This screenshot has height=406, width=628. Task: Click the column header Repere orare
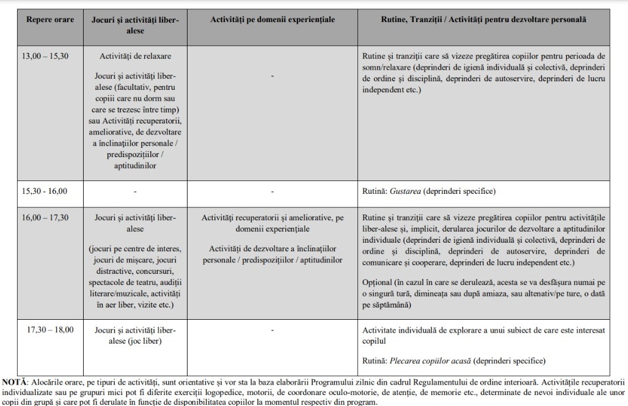(50, 20)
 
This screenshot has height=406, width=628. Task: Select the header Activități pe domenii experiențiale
(272, 20)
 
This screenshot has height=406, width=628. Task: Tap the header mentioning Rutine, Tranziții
(483, 20)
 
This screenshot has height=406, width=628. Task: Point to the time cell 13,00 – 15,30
(46, 56)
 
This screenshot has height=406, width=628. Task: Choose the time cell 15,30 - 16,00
(46, 191)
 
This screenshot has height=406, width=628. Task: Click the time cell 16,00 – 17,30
(46, 218)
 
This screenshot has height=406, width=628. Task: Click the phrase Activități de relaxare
(135, 56)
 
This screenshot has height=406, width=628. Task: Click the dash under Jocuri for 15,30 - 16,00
(135, 191)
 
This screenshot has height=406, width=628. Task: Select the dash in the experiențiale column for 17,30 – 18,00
(272, 330)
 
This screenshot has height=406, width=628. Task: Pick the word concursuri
(153, 270)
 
